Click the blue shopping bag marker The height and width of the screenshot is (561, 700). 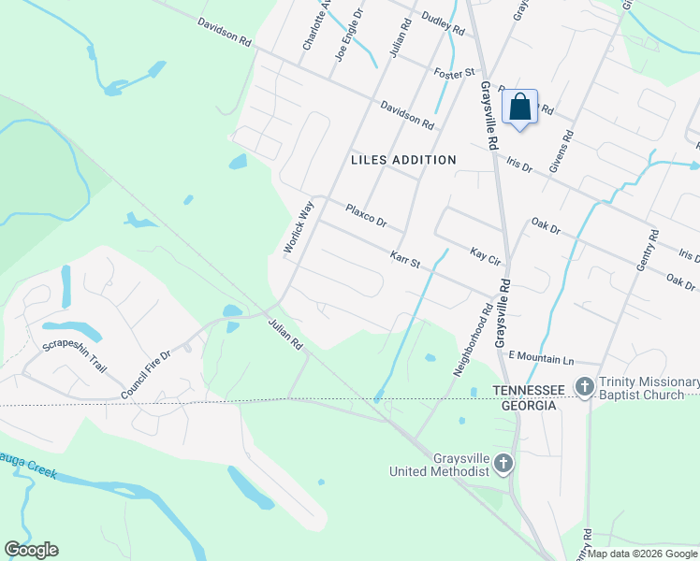pyautogui.click(x=520, y=108)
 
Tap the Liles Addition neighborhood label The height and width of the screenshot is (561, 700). pyautogui.click(x=403, y=160)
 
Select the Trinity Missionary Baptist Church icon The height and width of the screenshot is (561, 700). pyautogui.click(x=585, y=386)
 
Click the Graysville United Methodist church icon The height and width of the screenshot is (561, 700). pyautogui.click(x=503, y=463)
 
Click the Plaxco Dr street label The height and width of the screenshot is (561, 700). pyautogui.click(x=366, y=216)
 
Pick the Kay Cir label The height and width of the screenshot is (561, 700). pyautogui.click(x=488, y=254)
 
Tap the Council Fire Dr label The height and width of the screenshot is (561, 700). pyautogui.click(x=146, y=375)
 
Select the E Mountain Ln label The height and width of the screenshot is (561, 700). pyautogui.click(x=540, y=358)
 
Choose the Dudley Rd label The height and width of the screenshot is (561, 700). pyautogui.click(x=443, y=23)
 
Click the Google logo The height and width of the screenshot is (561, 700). pyautogui.click(x=32, y=550)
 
